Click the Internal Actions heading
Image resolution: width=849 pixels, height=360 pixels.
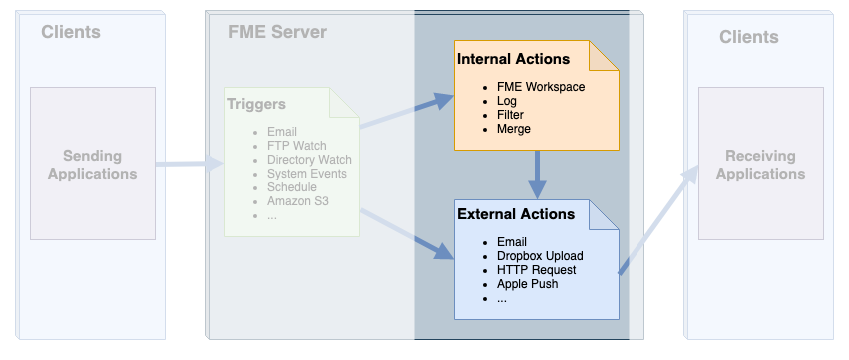[x=513, y=59]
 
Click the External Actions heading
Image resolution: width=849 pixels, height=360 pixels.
[x=515, y=214]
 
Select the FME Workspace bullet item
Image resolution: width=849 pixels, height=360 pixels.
[x=540, y=87]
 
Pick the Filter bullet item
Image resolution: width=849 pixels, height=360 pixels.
[x=510, y=115]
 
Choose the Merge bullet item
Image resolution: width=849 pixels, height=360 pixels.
[x=513, y=129]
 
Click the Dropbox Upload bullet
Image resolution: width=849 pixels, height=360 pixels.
[x=538, y=256]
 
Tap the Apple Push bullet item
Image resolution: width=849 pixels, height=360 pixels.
[x=527, y=284]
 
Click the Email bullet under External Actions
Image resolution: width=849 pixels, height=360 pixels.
[x=512, y=242]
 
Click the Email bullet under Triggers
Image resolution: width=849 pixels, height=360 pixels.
[x=283, y=132]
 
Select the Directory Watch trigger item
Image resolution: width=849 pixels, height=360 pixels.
[x=309, y=160]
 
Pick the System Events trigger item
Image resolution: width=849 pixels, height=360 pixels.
[x=306, y=174]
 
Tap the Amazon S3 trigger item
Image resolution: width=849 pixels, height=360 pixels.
[x=298, y=201]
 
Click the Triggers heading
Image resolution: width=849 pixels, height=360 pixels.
[x=256, y=104]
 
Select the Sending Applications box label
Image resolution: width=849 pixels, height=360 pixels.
[x=93, y=165]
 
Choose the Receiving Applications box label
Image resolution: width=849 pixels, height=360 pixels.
[x=759, y=165]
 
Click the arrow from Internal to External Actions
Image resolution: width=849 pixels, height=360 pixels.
[x=538, y=174]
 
